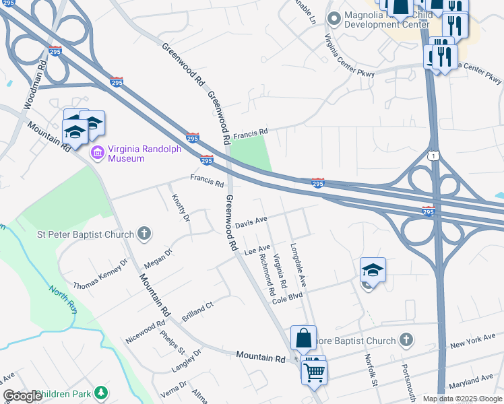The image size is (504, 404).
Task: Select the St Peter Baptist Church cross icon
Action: coord(143,234)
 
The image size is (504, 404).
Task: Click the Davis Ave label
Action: coord(251,222)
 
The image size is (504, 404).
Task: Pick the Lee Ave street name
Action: coord(257,250)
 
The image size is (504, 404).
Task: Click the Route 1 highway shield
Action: coord(432,156)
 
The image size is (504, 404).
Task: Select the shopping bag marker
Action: coord(304,338)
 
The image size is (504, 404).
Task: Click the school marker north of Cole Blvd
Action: coord(373,270)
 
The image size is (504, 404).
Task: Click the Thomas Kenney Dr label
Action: coord(100,273)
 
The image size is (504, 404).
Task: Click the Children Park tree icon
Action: coord(100,392)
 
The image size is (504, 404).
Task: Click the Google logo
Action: coord(22,396)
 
